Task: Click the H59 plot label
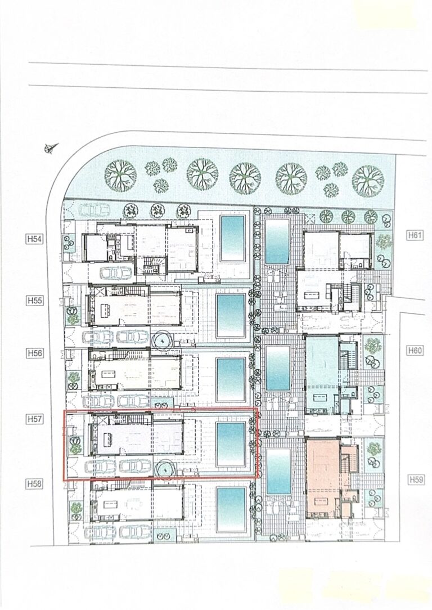[416, 479]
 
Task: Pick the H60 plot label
[415, 351]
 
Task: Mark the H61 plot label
[415, 235]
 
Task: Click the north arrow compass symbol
[51, 148]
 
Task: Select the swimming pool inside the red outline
[231, 444]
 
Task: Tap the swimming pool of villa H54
[232, 238]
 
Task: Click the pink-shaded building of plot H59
[323, 478]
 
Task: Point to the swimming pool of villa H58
[231, 510]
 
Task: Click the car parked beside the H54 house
[116, 273]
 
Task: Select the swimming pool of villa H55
[231, 316]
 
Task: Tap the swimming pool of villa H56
[231, 380]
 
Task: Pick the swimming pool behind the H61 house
[277, 241]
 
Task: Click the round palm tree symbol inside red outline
[165, 470]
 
